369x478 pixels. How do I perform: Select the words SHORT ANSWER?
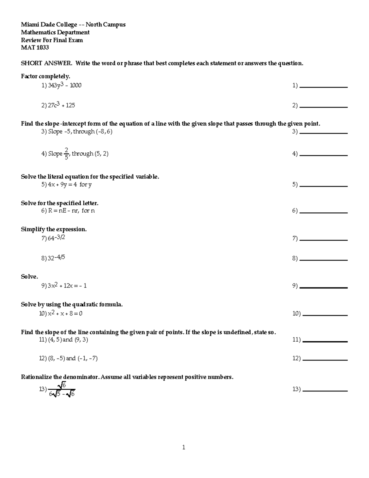pyautogui.click(x=46, y=63)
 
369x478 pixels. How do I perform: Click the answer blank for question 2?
pyautogui.click(x=323, y=106)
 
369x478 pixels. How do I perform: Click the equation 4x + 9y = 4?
pyautogui.click(x=62, y=185)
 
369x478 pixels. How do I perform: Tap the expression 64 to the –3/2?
pyautogui.click(x=56, y=238)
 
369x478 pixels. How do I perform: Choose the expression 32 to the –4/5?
pyautogui.click(x=56, y=258)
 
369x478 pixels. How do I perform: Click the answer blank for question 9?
pyautogui.click(x=323, y=287)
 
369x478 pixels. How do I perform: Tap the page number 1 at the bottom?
pyautogui.click(x=184, y=448)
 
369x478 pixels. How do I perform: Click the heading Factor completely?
pyautogui.click(x=46, y=76)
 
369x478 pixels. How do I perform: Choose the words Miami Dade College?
pyautogui.click(x=49, y=25)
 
